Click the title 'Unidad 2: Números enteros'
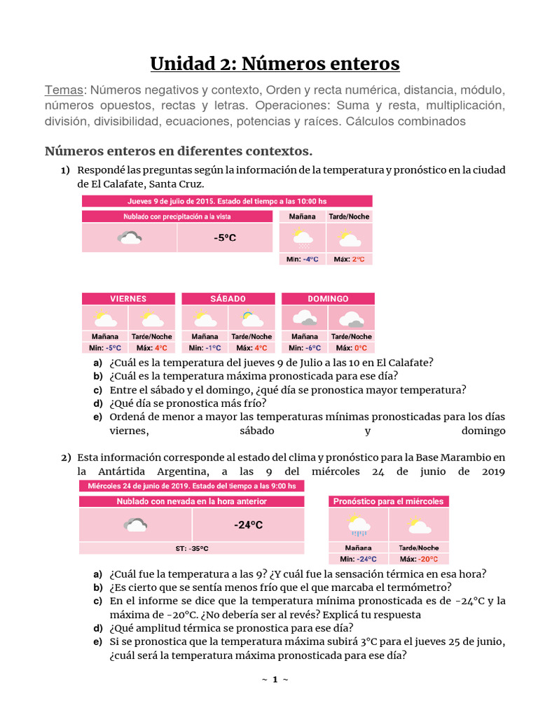(275, 64)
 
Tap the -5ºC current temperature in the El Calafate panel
(225, 238)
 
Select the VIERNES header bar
(128, 298)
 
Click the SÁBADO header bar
(228, 298)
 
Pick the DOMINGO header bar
(328, 298)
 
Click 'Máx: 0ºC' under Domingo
(351, 348)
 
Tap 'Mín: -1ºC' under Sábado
(205, 348)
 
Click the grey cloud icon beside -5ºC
(130, 238)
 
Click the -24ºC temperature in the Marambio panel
(248, 524)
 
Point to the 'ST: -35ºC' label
(191, 548)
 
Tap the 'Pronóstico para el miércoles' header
(388, 501)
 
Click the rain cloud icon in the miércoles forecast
(358, 524)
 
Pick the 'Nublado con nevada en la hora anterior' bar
(191, 501)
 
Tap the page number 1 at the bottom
(275, 679)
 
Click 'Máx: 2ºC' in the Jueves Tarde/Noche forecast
(349, 259)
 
